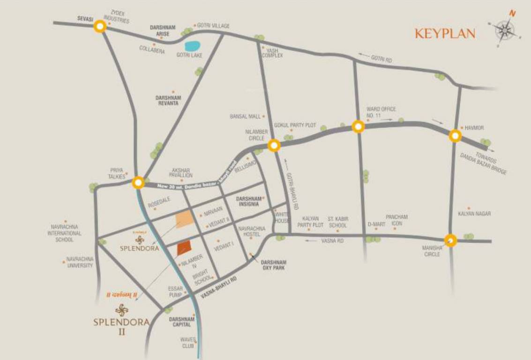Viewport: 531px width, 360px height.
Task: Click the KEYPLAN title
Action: pyautogui.click(x=445, y=34)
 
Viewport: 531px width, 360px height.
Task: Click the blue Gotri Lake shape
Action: pyautogui.click(x=192, y=46)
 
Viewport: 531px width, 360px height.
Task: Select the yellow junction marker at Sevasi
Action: pyautogui.click(x=99, y=26)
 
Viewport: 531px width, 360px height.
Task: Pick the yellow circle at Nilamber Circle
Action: pyautogui.click(x=274, y=146)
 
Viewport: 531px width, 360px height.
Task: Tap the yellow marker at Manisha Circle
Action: pyautogui.click(x=450, y=240)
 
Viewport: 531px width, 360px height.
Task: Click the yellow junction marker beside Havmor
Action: pyautogui.click(x=455, y=136)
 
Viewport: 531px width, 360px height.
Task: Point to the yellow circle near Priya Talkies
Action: pyautogui.click(x=138, y=182)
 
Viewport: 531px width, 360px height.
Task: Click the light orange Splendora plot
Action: pyautogui.click(x=183, y=219)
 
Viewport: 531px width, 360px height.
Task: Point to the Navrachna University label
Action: pyautogui.click(x=80, y=262)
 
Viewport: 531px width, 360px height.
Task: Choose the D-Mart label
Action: pyautogui.click(x=376, y=225)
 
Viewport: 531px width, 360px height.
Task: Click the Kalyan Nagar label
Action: pyautogui.click(x=474, y=214)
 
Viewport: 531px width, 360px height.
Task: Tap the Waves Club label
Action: pyautogui.click(x=187, y=343)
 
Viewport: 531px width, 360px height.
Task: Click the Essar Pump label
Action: pyautogui.click(x=175, y=292)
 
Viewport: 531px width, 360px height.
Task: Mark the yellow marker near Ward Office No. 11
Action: pyautogui.click(x=358, y=127)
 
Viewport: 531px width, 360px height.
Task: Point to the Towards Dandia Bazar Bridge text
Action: pyautogui.click(x=484, y=162)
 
